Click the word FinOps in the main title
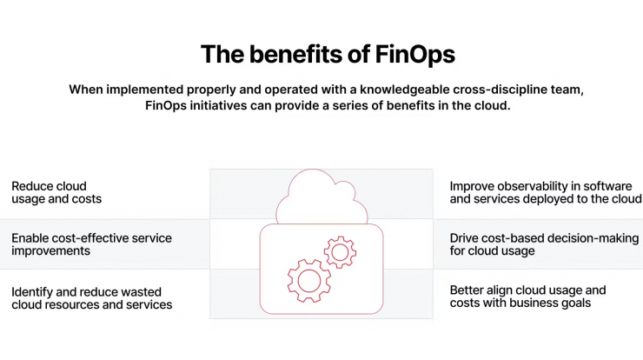(x=415, y=55)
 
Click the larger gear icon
(x=309, y=281)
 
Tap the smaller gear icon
(x=340, y=252)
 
